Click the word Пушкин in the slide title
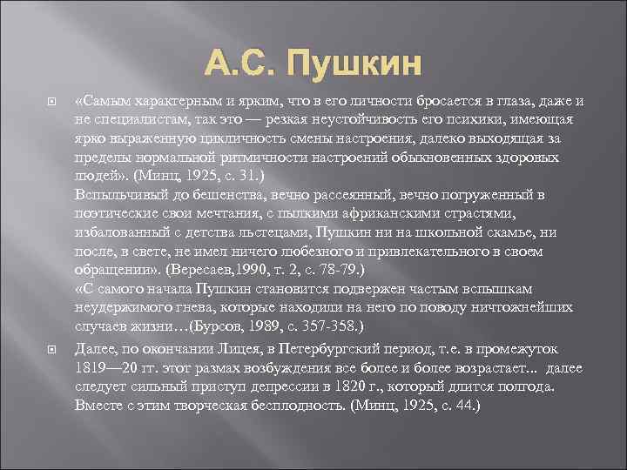[x=352, y=64]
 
